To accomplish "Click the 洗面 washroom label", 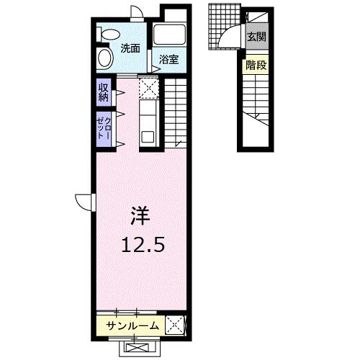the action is tap(130, 49).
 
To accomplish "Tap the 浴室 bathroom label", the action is tap(169, 60).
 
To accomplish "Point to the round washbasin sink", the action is tap(105, 58).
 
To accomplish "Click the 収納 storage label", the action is tap(104, 93).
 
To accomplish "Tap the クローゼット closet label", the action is tap(104, 128).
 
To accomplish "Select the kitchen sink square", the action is tap(148, 137).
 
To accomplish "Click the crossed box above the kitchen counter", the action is tap(149, 87).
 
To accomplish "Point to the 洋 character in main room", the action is tap(140, 216).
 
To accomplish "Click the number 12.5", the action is tap(143, 245).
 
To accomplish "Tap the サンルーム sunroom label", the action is tap(132, 326).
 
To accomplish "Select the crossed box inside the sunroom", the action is tap(174, 325).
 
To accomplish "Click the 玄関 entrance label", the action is tap(257, 37).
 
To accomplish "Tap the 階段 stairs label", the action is tap(256, 65).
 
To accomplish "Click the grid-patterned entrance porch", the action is tap(225, 27).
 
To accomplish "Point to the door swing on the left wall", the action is tap(84, 202).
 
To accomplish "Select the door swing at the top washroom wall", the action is tap(137, 12).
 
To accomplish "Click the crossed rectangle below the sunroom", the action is tap(140, 348).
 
